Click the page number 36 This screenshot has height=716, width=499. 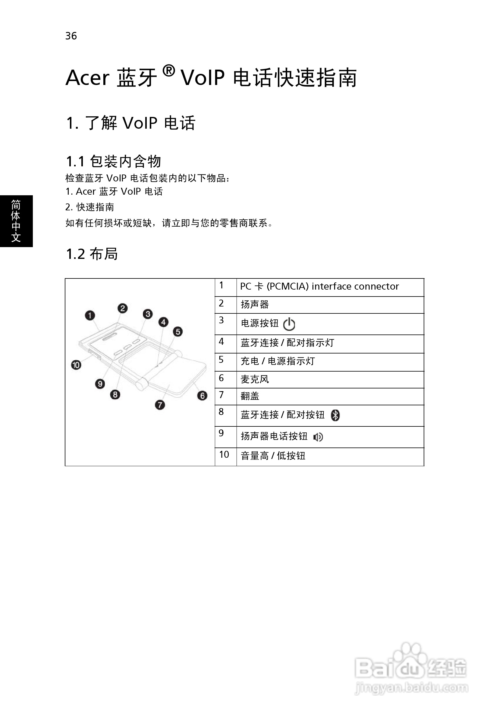(x=71, y=36)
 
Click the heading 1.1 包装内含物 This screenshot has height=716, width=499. (x=114, y=161)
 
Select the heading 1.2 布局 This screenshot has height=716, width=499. (x=92, y=253)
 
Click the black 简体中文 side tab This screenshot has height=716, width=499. (x=16, y=221)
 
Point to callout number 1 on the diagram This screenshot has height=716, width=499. (x=90, y=315)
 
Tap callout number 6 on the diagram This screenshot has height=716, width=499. (x=202, y=395)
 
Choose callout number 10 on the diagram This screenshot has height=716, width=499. (x=76, y=365)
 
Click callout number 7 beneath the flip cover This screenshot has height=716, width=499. (x=160, y=405)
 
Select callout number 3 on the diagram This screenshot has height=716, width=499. (x=148, y=314)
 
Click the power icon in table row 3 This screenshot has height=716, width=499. (x=289, y=324)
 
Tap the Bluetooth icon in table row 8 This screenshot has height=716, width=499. (x=335, y=415)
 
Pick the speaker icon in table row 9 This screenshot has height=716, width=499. (x=318, y=437)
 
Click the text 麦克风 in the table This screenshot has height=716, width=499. (x=255, y=379)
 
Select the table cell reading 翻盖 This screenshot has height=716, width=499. (x=330, y=396)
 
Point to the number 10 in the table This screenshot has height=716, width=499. (x=224, y=454)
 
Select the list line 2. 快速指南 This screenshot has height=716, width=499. (x=90, y=207)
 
